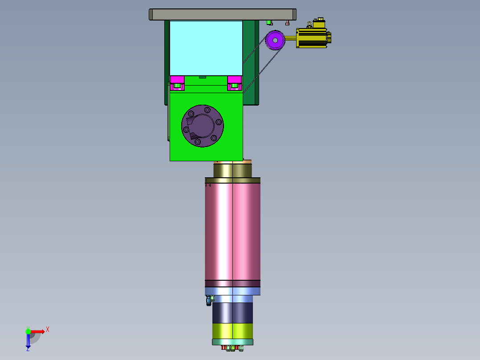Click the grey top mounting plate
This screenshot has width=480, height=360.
(x=223, y=14)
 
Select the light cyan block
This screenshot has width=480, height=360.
(x=206, y=48)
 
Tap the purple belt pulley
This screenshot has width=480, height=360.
(x=275, y=40)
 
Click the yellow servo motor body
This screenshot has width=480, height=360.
(x=313, y=38)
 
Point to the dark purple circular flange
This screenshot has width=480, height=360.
(x=202, y=126)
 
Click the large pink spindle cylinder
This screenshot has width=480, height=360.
(x=232, y=231)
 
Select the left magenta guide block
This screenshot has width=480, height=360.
(x=177, y=83)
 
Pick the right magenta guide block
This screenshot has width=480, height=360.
(x=235, y=83)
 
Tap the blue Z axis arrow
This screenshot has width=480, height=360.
(x=28, y=341)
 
